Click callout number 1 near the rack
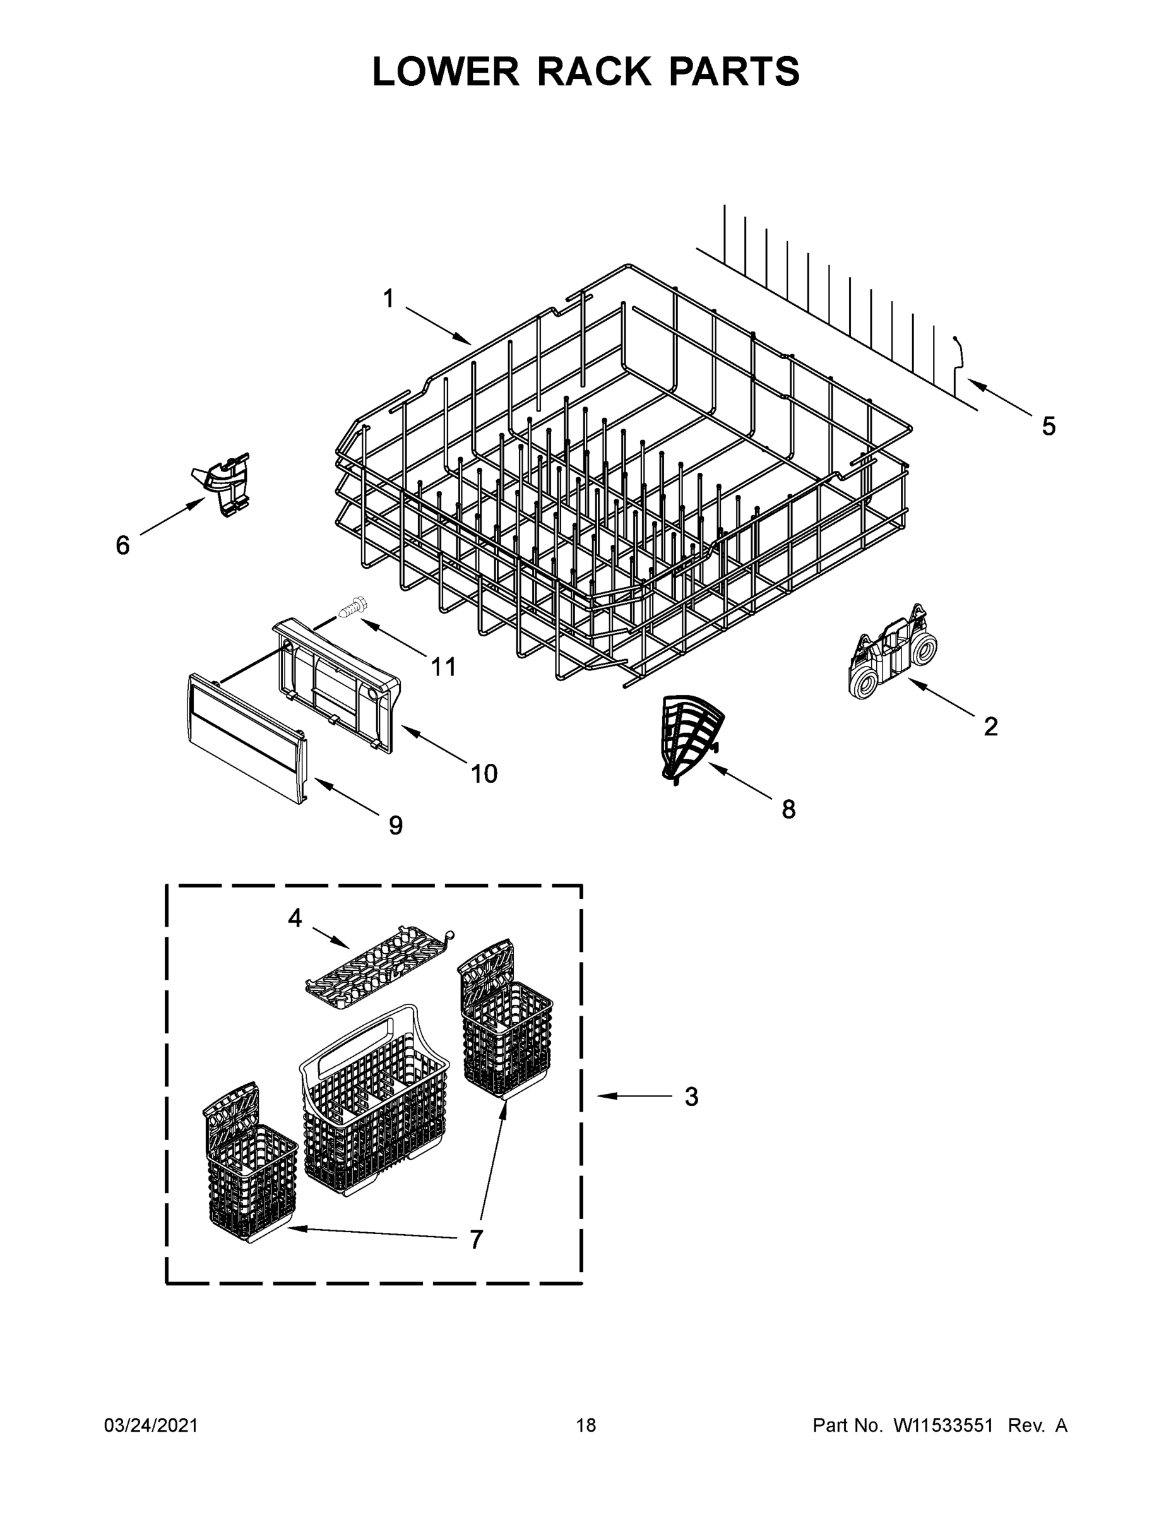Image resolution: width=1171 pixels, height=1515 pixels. pyautogui.click(x=388, y=299)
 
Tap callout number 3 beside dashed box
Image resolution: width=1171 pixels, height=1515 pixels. pyautogui.click(x=691, y=1096)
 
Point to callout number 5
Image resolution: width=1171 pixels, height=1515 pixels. pyautogui.click(x=1048, y=426)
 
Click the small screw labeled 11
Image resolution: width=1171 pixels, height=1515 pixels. pyautogui.click(x=354, y=608)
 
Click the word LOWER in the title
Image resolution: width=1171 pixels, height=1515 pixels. pyautogui.click(x=446, y=71)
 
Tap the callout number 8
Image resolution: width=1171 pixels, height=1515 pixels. pyautogui.click(x=788, y=809)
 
